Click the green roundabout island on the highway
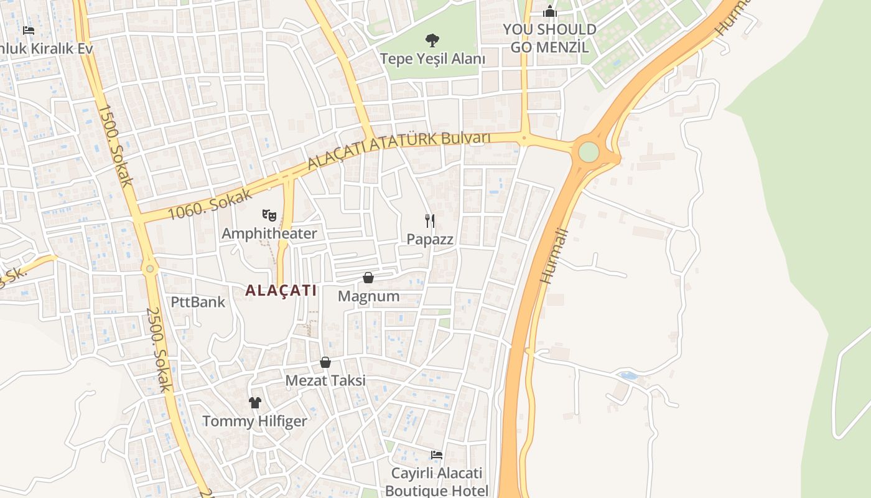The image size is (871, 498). (x=588, y=151)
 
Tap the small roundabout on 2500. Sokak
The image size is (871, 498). (x=149, y=268)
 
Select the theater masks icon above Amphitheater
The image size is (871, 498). (x=269, y=215)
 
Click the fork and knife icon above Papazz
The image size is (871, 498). (x=429, y=220)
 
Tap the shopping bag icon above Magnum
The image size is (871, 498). (x=368, y=277)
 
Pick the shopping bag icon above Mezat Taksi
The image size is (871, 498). (x=325, y=362)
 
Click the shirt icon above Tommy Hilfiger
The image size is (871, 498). (x=254, y=402)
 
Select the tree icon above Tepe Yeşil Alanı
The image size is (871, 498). (x=432, y=40)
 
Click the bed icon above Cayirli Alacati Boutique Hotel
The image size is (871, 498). (x=437, y=455)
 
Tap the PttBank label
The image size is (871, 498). (x=198, y=302)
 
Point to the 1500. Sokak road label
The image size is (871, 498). (x=116, y=145)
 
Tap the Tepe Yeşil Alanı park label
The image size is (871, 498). (x=432, y=59)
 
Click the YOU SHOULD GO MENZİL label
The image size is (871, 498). (x=549, y=38)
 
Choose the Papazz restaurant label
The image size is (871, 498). (x=430, y=239)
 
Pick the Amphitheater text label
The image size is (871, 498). (x=269, y=233)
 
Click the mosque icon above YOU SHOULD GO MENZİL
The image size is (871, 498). (x=550, y=11)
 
